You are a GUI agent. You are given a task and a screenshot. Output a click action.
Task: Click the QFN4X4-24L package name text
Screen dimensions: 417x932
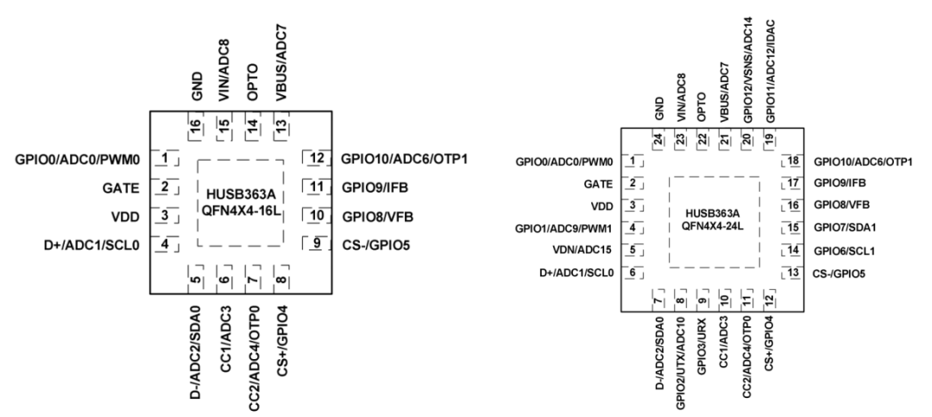click(715, 226)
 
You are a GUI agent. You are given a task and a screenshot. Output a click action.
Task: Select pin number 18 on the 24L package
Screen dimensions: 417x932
click(792, 161)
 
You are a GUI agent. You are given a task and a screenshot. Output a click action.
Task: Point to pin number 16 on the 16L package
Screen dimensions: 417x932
click(196, 127)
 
